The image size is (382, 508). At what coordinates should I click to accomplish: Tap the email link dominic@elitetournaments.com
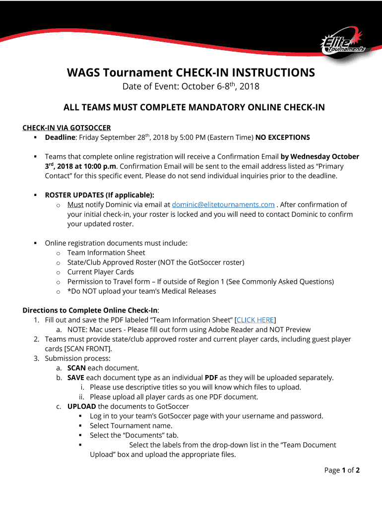[223, 204]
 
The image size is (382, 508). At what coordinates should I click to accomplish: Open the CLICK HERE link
[255, 320]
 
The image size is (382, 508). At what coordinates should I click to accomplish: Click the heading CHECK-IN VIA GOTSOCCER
[66, 127]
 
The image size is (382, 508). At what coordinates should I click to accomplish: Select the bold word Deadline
[60, 137]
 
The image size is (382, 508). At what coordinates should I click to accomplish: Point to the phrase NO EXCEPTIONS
[283, 137]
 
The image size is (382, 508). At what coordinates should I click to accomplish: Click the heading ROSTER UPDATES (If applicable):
[99, 195]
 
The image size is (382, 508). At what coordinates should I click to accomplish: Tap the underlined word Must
[75, 204]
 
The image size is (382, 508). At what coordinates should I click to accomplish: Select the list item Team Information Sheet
[106, 253]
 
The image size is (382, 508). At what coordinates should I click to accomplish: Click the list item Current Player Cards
[101, 272]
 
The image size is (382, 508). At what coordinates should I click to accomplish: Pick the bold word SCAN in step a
[76, 368]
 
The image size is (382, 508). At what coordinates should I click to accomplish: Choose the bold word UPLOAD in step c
[82, 406]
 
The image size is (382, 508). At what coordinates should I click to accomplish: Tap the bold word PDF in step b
[211, 378]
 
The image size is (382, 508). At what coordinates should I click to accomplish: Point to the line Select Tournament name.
[131, 426]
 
